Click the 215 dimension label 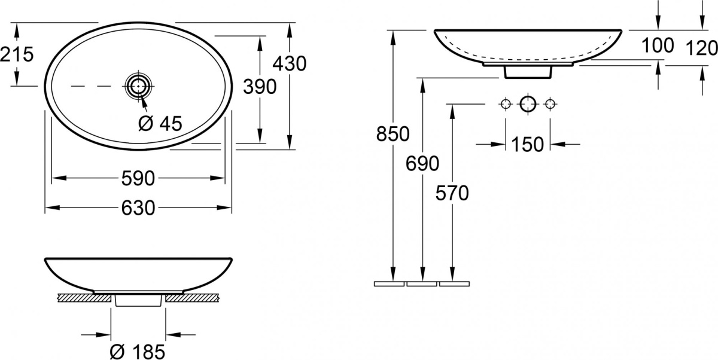(17, 54)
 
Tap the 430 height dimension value (290, 63)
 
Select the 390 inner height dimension (260, 87)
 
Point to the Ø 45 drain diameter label (160, 123)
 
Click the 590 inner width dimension (138, 178)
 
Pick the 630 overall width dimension (138, 208)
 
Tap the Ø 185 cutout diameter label (138, 352)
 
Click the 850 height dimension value (393, 134)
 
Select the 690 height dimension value (422, 164)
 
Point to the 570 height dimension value (452, 193)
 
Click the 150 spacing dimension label (527, 145)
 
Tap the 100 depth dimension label (658, 45)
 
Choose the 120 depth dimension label (701, 48)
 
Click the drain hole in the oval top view (138, 86)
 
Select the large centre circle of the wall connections (528, 104)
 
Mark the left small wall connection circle (506, 104)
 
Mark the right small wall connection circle (550, 104)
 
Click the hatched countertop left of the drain (84, 298)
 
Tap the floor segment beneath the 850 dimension (389, 284)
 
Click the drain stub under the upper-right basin (528, 72)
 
